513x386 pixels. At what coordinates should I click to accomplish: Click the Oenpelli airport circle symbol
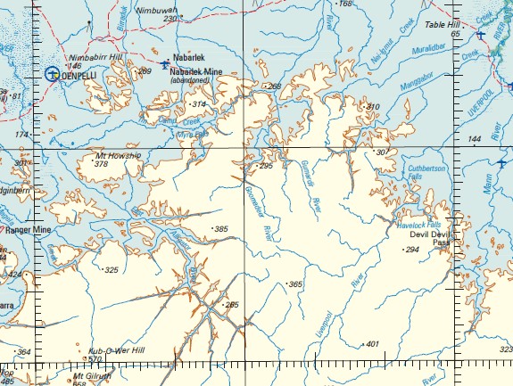click(x=52, y=75)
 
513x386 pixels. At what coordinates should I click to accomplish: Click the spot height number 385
click(x=221, y=229)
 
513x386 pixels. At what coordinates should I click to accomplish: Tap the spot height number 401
click(x=372, y=344)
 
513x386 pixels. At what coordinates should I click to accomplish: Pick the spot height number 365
click(x=294, y=284)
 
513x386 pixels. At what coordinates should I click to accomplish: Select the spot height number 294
click(x=411, y=250)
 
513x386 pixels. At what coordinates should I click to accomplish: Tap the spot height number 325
click(x=111, y=269)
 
